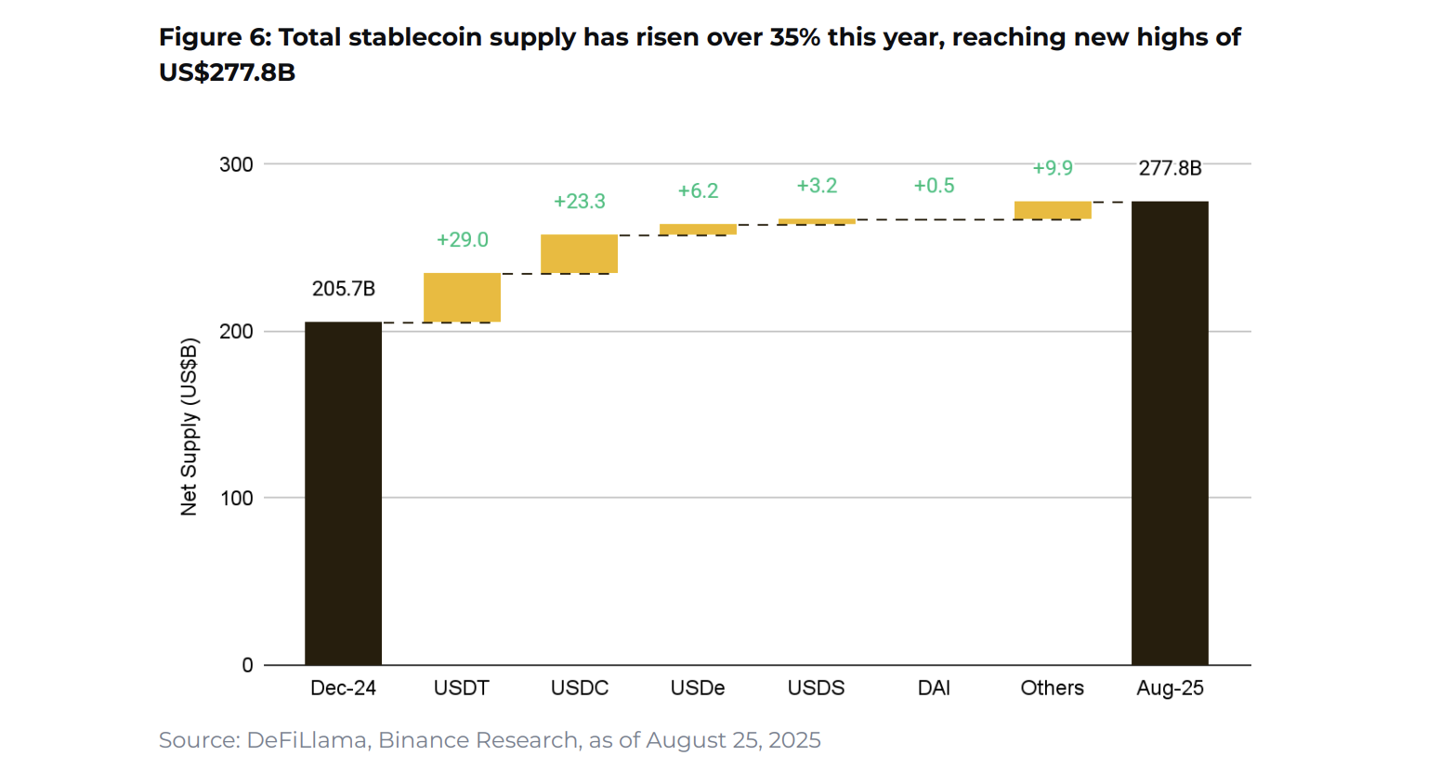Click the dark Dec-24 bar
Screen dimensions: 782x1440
(343, 492)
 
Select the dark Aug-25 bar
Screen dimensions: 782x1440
(1170, 433)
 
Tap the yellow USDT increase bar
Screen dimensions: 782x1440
(462, 297)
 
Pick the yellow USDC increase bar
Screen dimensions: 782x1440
(579, 254)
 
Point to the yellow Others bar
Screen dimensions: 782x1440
(1052, 210)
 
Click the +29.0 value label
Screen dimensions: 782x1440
(462, 240)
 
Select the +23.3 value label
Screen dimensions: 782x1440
(579, 201)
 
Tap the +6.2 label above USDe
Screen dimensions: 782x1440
(698, 190)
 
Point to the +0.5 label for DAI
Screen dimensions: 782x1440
(934, 186)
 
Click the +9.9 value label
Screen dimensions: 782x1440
(1052, 168)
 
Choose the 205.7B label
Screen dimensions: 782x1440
(343, 289)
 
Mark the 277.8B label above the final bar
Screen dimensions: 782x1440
(1170, 168)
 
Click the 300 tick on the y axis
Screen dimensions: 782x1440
(236, 164)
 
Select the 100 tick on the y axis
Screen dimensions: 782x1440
(236, 498)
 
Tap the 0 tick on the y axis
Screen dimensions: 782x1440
(247, 665)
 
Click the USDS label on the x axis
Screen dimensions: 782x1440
(816, 688)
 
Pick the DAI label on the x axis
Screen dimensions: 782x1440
(934, 688)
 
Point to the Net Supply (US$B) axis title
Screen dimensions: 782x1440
(189, 426)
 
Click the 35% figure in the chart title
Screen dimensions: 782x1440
(795, 37)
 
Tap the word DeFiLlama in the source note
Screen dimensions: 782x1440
(307, 740)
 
